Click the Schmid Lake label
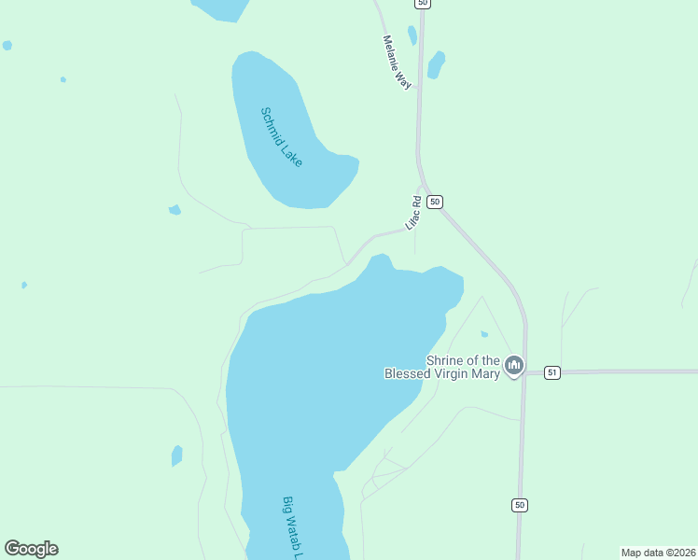coord(281,137)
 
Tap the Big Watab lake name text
coord(294,527)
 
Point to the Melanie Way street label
coord(398,63)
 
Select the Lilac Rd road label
coord(414,213)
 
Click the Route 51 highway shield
coord(552,372)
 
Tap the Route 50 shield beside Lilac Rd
coord(435,202)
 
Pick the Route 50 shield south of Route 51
coord(520,505)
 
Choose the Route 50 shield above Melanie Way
coord(424,4)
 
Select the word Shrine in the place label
coord(445,360)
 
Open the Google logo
coord(32,549)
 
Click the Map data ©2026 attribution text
coord(657,552)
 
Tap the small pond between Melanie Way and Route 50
coord(412,35)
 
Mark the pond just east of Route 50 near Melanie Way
coord(435,64)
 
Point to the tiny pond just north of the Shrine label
coord(483,333)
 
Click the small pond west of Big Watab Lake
coord(176,455)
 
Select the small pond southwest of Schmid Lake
coord(174,210)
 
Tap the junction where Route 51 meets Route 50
coord(524,372)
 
